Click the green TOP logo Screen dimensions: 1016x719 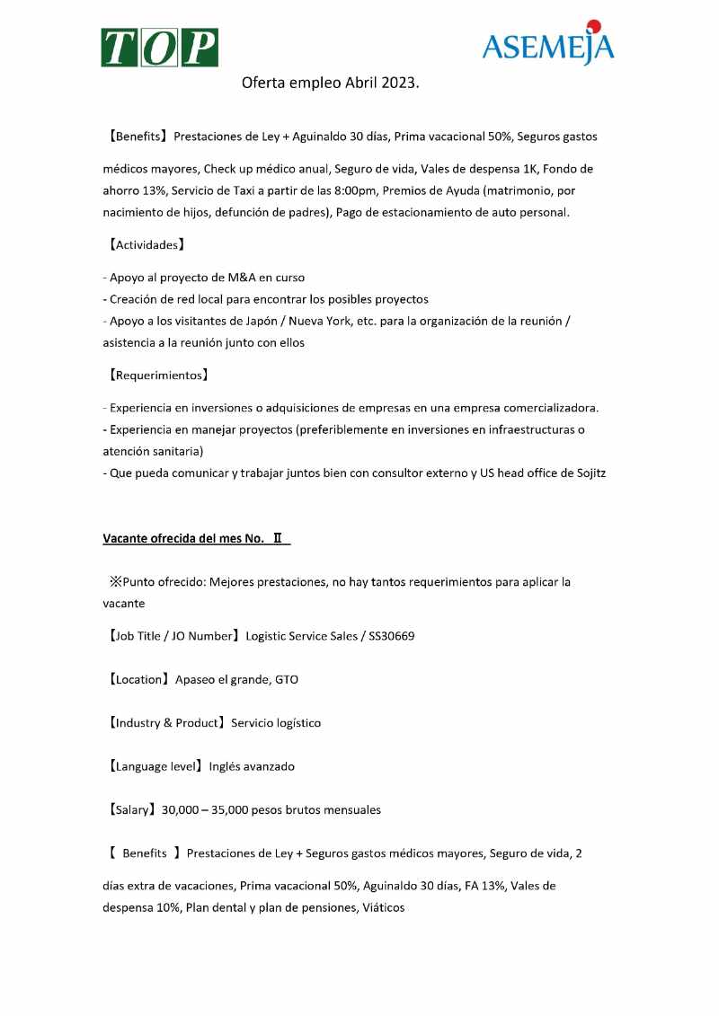point(159,48)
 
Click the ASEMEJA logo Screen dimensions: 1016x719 point(547,45)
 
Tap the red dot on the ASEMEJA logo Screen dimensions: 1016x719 point(592,25)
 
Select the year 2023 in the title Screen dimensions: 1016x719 point(400,83)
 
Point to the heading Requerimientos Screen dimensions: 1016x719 point(157,375)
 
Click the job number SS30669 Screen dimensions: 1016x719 point(392,637)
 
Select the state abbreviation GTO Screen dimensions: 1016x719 point(287,680)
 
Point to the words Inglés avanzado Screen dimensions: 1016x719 point(252,767)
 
